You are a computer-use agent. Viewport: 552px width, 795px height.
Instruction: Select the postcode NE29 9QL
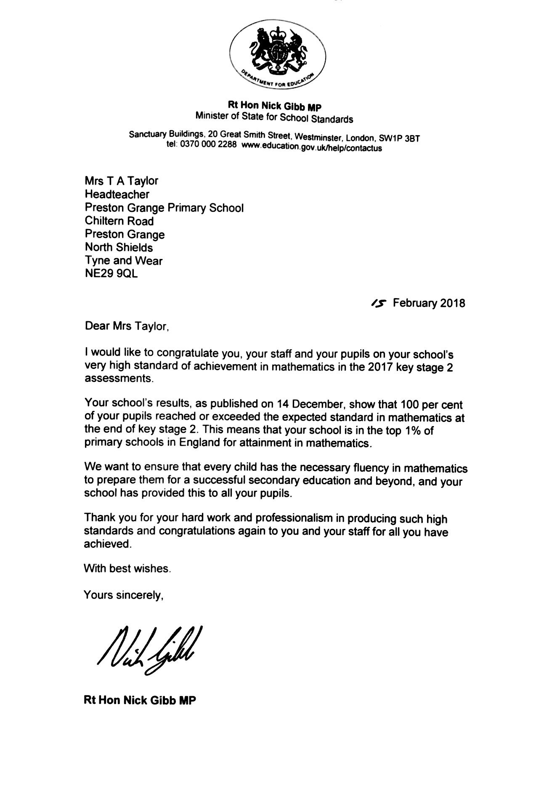111,274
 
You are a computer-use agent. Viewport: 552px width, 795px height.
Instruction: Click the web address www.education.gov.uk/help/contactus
312,147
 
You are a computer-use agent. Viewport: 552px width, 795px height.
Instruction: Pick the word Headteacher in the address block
117,194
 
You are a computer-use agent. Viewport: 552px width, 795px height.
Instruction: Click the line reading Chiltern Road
119,221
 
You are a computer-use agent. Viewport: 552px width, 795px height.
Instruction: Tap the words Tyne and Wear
123,261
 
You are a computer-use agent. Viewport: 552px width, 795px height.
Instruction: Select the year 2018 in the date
452,303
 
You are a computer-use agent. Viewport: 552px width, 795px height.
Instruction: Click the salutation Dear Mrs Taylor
127,326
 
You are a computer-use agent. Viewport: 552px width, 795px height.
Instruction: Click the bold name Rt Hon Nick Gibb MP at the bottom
140,700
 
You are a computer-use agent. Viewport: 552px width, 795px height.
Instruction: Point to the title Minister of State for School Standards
274,117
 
